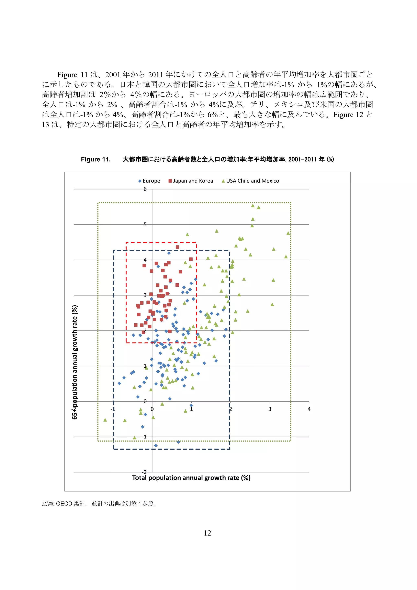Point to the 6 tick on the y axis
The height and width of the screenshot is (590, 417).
click(x=145, y=189)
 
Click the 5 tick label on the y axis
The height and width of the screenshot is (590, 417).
click(x=145, y=225)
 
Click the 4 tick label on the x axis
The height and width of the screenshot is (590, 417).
click(x=309, y=409)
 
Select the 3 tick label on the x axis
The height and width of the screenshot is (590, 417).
click(x=270, y=409)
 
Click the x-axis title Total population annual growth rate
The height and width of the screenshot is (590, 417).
click(x=191, y=478)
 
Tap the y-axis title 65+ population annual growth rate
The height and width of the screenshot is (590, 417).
click(x=75, y=362)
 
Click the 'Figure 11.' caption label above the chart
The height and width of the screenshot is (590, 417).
click(x=96, y=159)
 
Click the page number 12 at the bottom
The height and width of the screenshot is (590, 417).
click(x=207, y=533)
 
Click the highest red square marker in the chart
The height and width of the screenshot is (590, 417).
click(x=177, y=247)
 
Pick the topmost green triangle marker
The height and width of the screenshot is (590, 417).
click(x=253, y=206)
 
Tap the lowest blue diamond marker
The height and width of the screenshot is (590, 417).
click(x=156, y=445)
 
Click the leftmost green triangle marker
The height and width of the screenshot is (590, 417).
click(x=105, y=420)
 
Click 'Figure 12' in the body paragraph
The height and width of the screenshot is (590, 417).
click(x=348, y=115)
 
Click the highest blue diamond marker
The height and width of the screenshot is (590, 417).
click(x=169, y=253)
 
